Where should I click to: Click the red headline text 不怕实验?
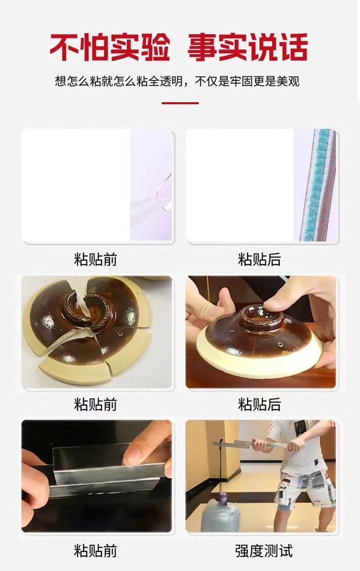[x=110, y=47]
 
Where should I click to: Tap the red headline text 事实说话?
[x=247, y=47]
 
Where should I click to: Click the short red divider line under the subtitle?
[x=180, y=103]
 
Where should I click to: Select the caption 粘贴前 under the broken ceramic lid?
[x=95, y=404]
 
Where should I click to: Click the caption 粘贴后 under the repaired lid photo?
[x=259, y=404]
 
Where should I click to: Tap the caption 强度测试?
[x=264, y=551]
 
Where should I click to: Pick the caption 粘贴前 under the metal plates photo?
[x=95, y=551]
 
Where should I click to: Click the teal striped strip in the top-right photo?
[x=316, y=185]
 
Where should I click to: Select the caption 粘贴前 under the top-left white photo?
[x=95, y=259]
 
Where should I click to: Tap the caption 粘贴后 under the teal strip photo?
[x=259, y=259]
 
